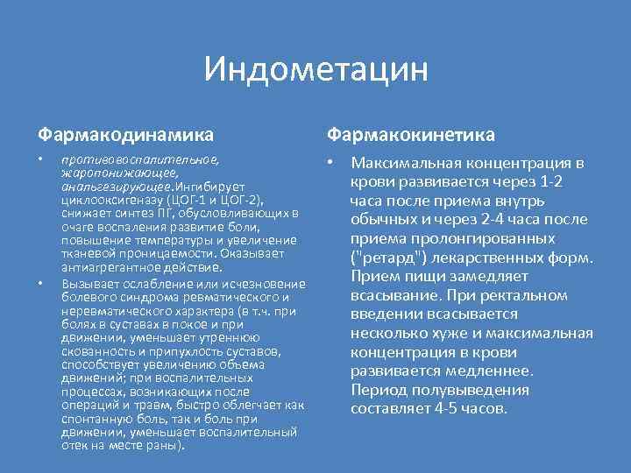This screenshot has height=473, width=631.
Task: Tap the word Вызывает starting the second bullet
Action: pos(91,285)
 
